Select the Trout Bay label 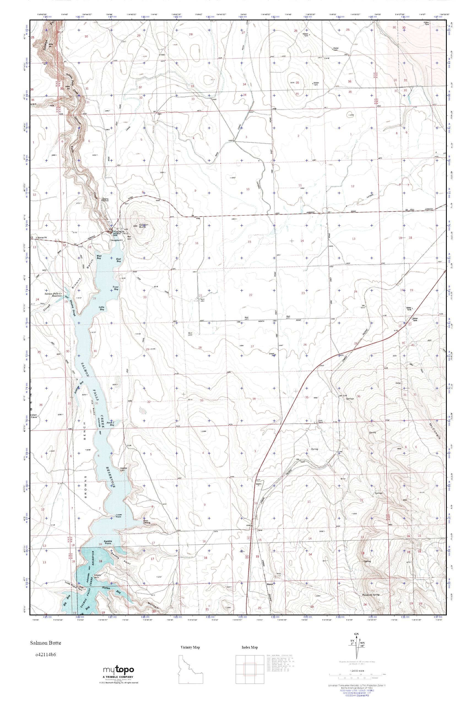coord(115,288)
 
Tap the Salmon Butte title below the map coord(45,643)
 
